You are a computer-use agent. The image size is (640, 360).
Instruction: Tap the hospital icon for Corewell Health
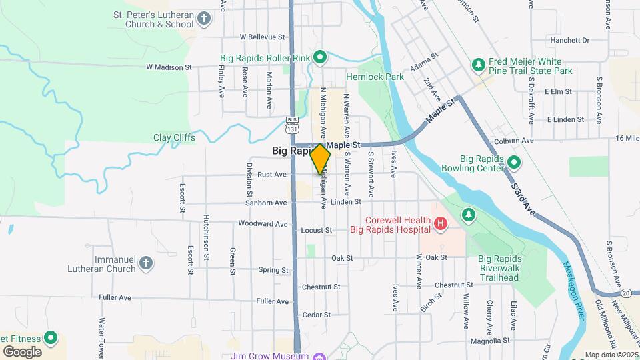(440, 225)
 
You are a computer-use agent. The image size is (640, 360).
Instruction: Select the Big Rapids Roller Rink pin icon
(319, 58)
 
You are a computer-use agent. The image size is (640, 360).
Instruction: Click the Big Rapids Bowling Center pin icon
(514, 162)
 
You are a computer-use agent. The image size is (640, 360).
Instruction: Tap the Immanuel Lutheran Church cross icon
(147, 263)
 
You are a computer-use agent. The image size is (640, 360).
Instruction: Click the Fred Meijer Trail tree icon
(477, 65)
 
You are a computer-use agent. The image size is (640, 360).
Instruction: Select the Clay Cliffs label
(174, 137)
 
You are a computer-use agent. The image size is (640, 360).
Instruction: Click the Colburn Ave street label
(514, 141)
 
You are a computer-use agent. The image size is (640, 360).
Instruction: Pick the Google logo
(21, 352)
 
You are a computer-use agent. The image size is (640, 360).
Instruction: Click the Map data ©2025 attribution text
(610, 355)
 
